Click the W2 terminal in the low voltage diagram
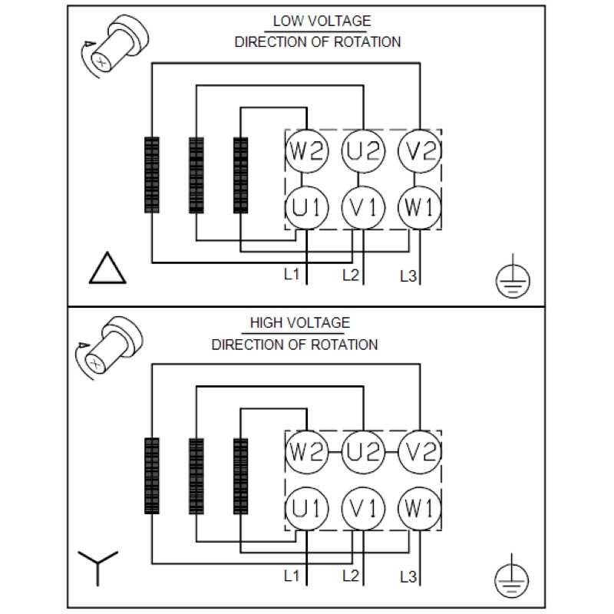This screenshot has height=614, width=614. coord(306,151)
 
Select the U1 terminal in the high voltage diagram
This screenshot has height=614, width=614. coord(306,509)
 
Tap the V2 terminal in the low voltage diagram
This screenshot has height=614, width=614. coord(419,151)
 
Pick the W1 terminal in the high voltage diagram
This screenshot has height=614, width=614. coord(419,509)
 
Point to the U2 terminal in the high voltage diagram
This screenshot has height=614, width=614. coord(363,452)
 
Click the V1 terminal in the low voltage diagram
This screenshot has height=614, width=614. coord(363,207)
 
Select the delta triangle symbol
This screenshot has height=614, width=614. coord(107,268)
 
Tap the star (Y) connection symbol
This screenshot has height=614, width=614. coord(97,568)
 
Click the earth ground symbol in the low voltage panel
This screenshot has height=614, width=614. coord(513,276)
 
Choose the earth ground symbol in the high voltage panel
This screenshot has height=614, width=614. coord(511,576)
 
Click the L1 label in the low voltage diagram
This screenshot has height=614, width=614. coord(292,274)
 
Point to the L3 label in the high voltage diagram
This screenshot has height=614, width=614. coord(408,577)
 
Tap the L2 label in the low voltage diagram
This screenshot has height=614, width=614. coord(351,276)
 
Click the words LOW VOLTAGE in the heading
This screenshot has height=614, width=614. coord(322,21)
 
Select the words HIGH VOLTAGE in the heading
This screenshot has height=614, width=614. coord(300,322)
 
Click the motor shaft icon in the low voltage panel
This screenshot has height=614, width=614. coord(115,46)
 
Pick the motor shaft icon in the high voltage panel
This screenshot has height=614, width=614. coord(109,348)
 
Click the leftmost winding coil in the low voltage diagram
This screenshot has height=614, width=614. coord(152,175)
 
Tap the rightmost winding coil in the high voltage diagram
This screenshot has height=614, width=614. coord(240,476)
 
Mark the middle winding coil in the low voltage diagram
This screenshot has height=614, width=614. coord(196,175)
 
